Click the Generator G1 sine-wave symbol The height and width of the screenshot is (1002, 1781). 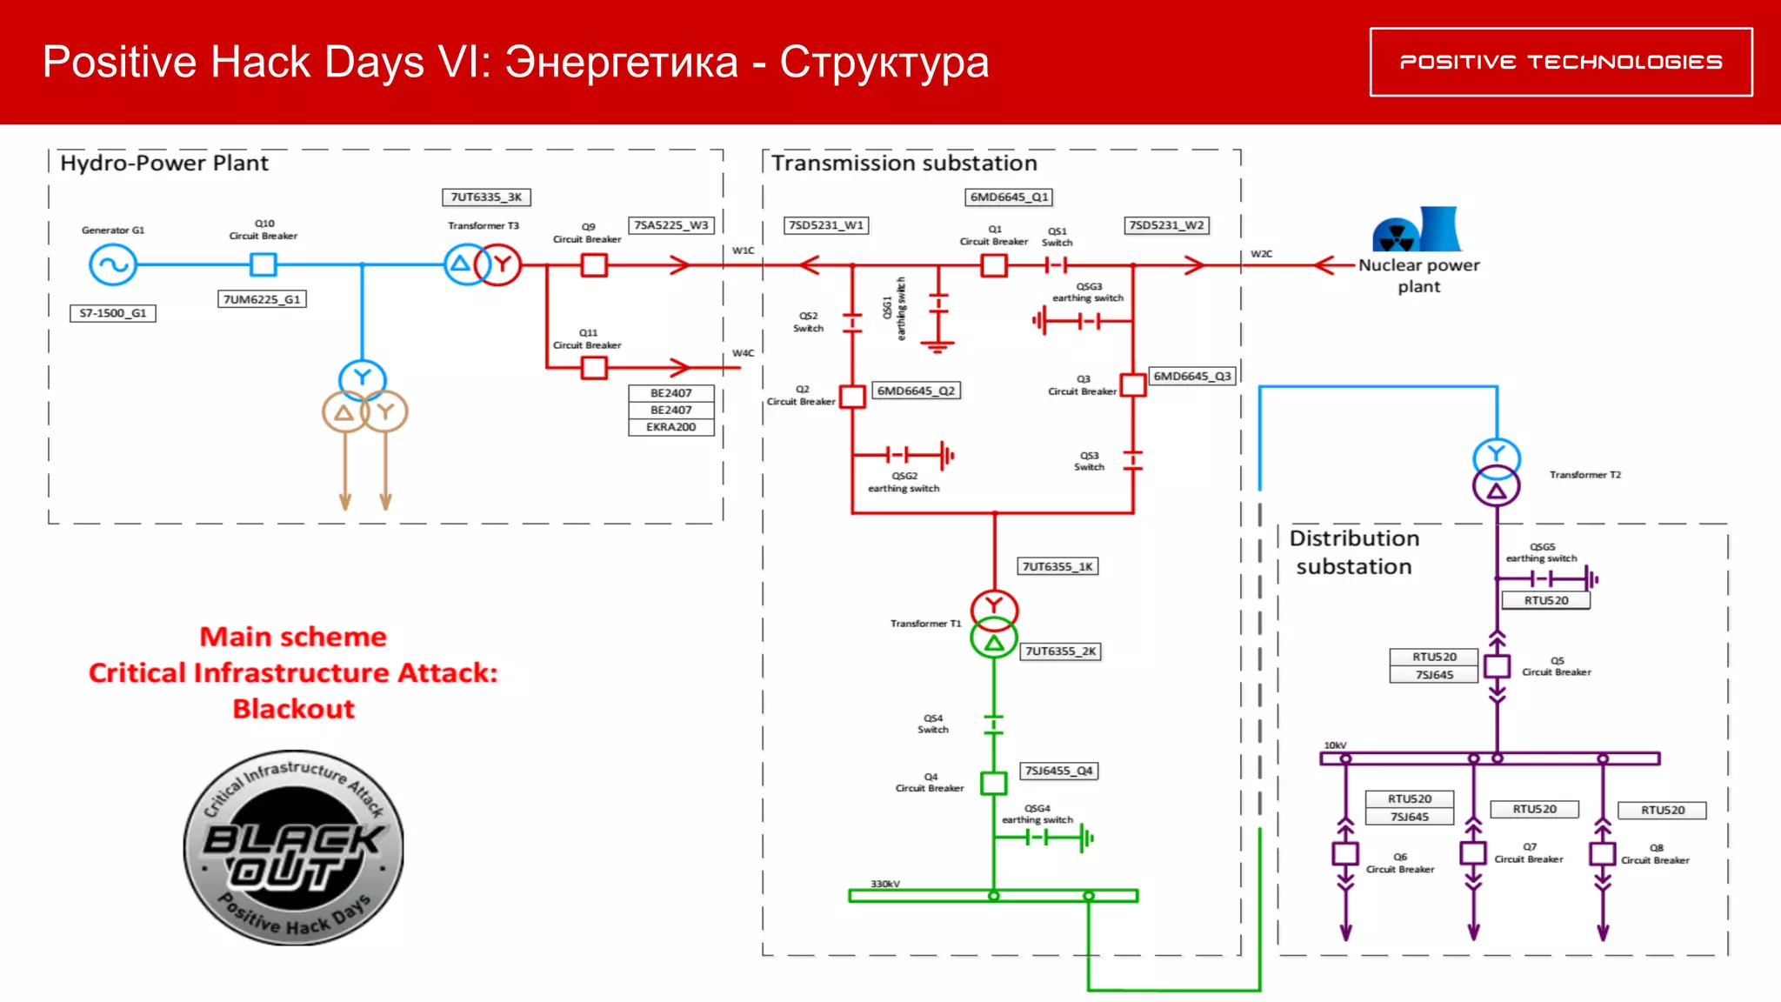click(x=113, y=264)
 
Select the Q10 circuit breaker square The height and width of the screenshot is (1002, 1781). click(x=263, y=264)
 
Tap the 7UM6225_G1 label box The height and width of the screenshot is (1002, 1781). click(x=262, y=299)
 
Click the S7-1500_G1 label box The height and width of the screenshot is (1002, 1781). click(x=113, y=313)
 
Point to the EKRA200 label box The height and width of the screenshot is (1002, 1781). click(x=670, y=427)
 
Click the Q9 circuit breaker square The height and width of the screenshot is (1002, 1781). click(x=594, y=264)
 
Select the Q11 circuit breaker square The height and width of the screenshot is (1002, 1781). click(x=594, y=368)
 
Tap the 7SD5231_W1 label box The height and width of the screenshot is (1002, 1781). click(x=826, y=225)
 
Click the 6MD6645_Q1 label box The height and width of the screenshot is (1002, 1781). click(x=1010, y=197)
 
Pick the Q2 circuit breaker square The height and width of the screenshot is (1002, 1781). click(x=852, y=397)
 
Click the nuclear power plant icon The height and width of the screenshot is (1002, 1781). click(x=1417, y=230)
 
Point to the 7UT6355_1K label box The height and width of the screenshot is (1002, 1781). click(x=1057, y=566)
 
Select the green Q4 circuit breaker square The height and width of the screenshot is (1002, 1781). click(x=993, y=783)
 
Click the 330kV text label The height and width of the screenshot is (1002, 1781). click(x=885, y=884)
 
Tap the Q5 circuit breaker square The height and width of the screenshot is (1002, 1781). click(x=1497, y=666)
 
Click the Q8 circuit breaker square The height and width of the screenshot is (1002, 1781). click(x=1603, y=853)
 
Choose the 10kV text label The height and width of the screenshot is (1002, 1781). click(x=1335, y=745)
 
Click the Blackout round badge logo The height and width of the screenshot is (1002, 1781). click(x=294, y=847)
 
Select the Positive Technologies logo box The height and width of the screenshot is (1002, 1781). click(x=1561, y=62)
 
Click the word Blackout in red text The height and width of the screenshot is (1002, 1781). click(x=294, y=709)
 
